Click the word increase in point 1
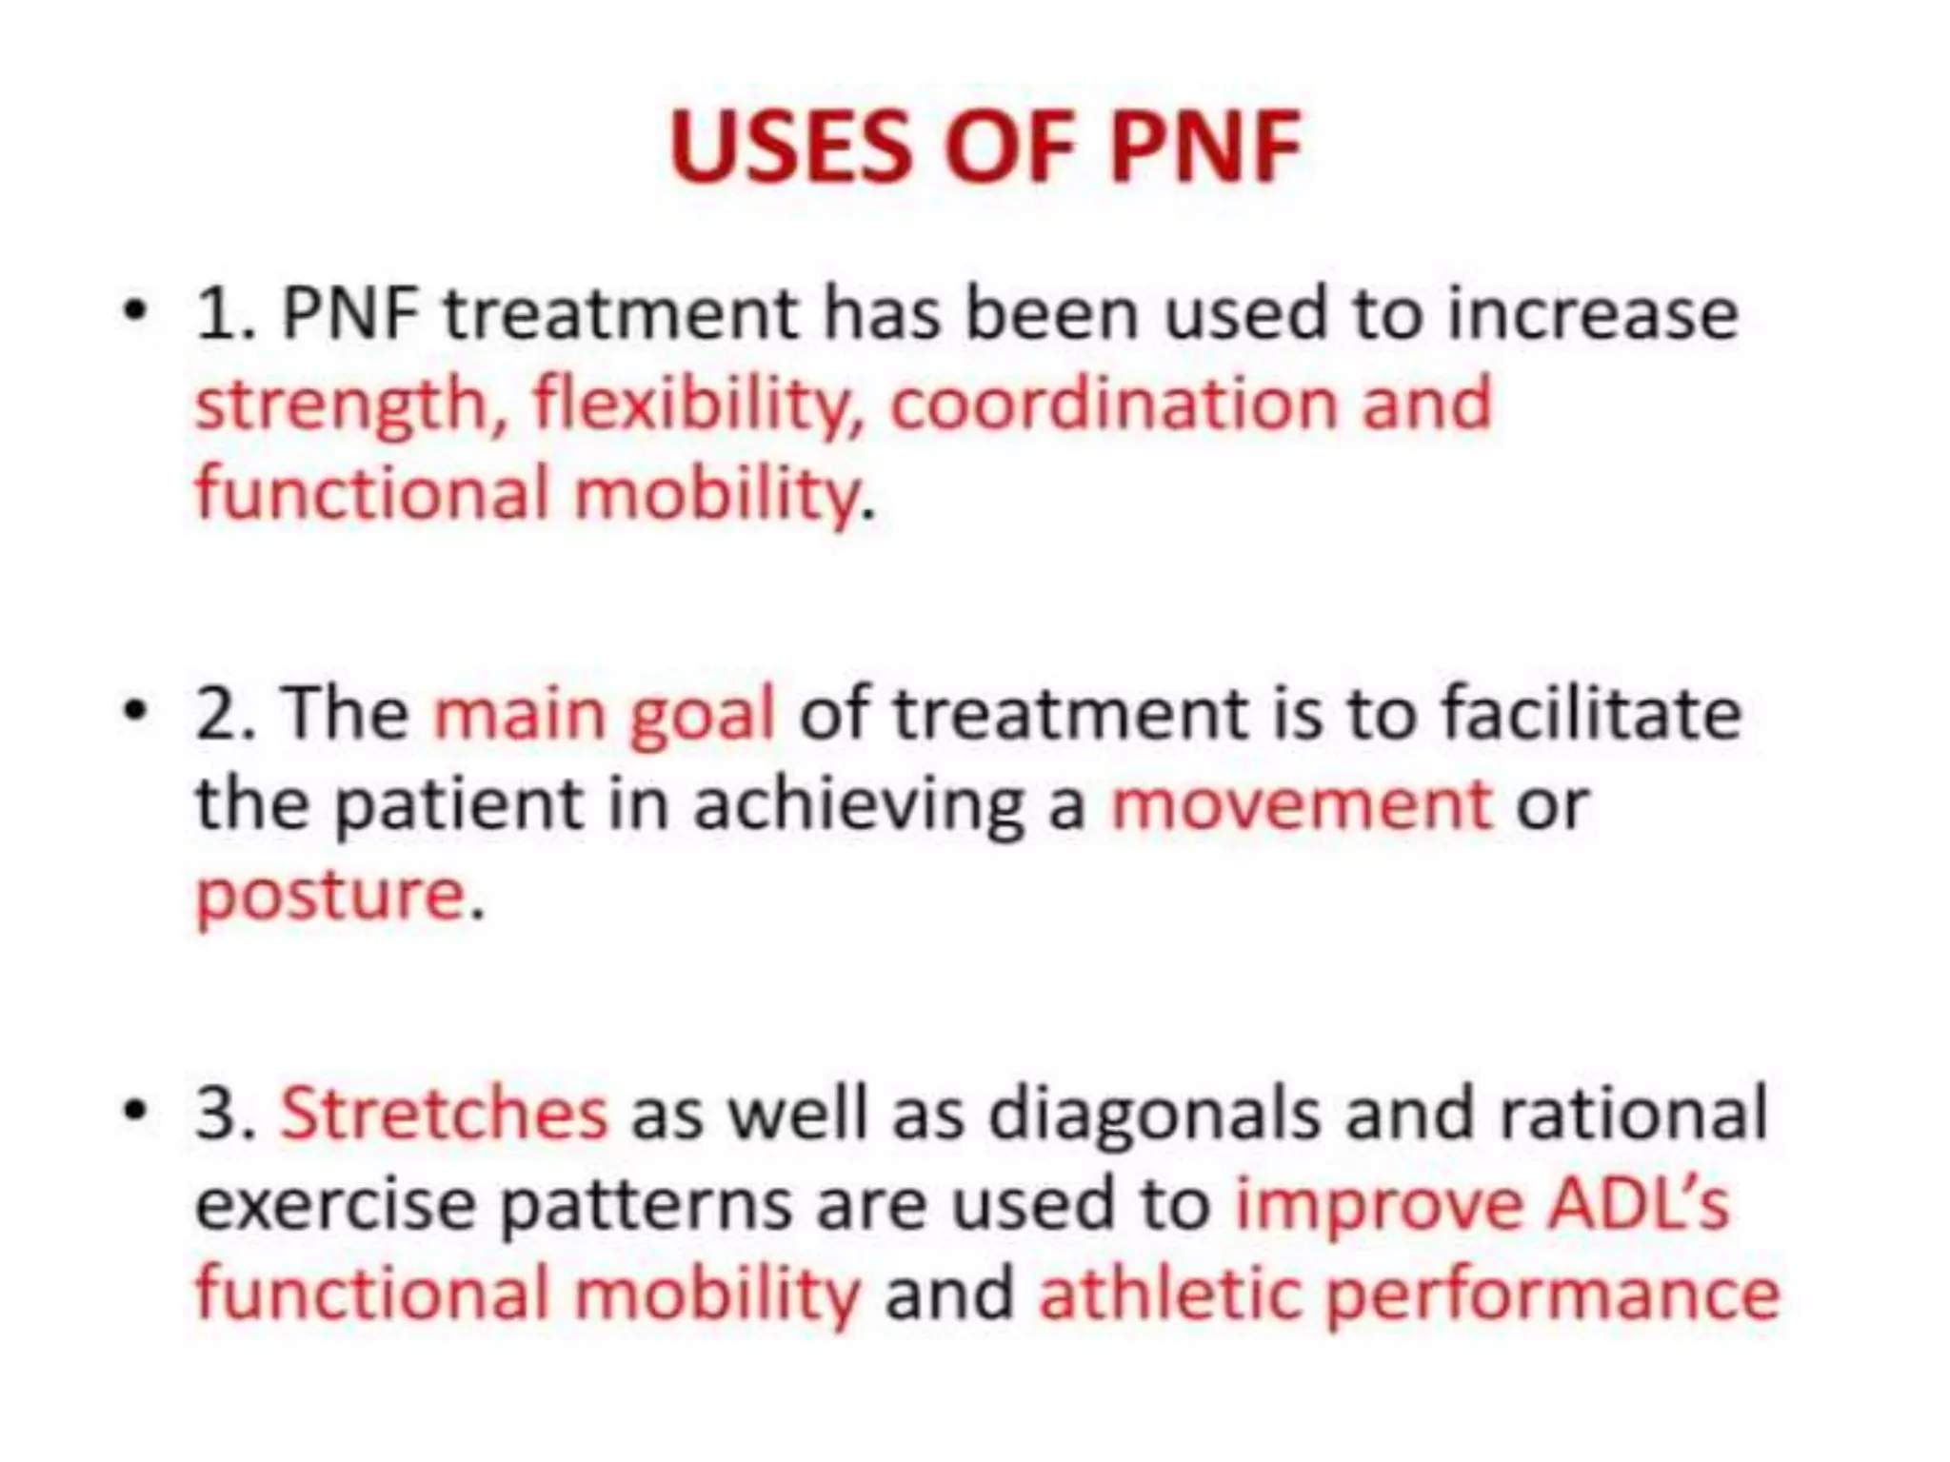tap(1592, 314)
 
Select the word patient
tap(459, 805)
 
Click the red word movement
tap(1302, 805)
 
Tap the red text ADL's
tap(1638, 1203)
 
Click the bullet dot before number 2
tap(136, 710)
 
